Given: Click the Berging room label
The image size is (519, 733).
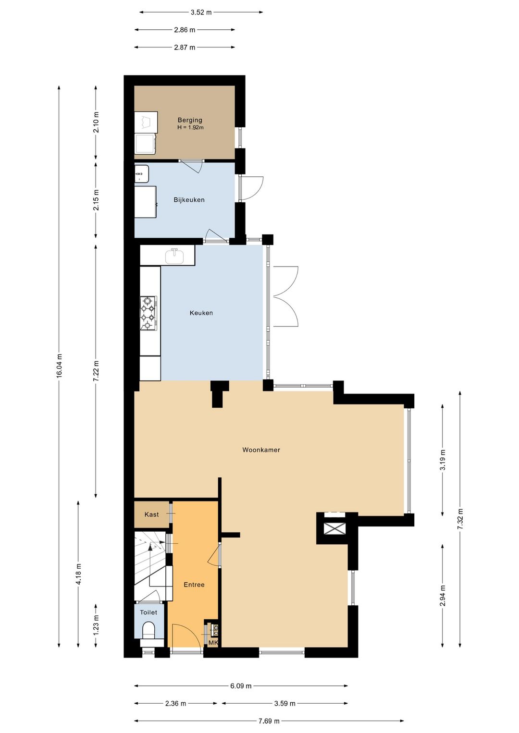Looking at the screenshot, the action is coord(190,120).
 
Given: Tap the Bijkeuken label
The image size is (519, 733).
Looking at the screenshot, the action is coord(189,200).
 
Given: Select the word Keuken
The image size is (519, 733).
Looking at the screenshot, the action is coord(201,313).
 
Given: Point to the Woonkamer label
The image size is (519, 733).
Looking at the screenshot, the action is coord(261,450).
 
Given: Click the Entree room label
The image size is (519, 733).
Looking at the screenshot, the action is coord(194,585).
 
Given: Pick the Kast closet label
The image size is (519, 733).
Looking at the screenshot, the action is coord(151,514).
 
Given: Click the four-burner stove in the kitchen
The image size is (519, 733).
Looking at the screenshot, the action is coord(148,313).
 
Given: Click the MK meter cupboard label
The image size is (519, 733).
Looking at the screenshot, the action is coord(213,643).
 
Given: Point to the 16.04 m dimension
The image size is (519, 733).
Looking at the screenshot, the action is coord(59,366).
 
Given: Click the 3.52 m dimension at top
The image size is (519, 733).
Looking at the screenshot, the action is coord(201,12).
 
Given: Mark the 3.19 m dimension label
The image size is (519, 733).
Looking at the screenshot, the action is coord(443,459).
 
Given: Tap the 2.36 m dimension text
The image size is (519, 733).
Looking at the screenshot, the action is coord(175,703).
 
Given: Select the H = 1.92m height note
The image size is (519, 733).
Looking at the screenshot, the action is coord(190,128).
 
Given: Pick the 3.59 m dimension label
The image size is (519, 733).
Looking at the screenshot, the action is coord(285,703).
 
